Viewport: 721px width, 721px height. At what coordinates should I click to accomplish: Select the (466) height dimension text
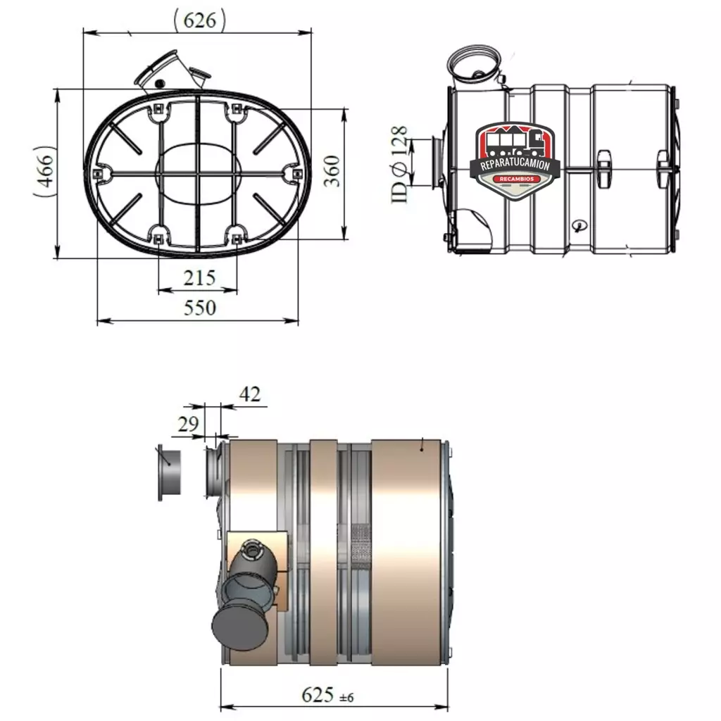tap(44, 171)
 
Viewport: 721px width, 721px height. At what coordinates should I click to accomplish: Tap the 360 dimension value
tap(332, 171)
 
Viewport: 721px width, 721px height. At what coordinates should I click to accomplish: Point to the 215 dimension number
tap(199, 278)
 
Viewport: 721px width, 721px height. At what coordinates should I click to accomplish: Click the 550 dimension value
tap(199, 308)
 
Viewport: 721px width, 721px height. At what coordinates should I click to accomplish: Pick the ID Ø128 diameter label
tap(399, 164)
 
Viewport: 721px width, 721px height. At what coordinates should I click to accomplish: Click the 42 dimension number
tap(250, 394)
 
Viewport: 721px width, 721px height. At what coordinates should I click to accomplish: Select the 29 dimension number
tap(188, 424)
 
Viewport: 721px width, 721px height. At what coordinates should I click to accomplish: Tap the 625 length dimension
tap(318, 694)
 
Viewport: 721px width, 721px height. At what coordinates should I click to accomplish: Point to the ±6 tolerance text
tap(346, 698)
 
